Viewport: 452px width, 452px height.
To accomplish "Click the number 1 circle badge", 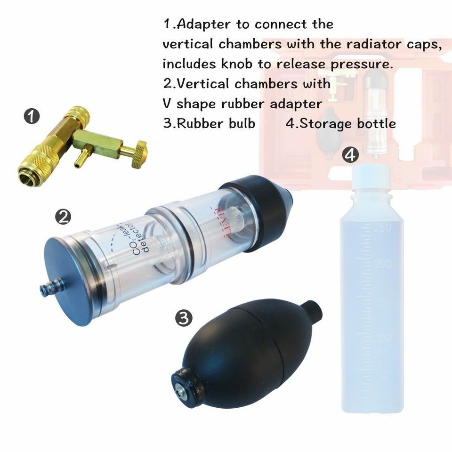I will [32, 116].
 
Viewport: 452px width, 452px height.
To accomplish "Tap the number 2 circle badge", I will [63, 217].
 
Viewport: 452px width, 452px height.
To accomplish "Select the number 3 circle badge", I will [183, 318].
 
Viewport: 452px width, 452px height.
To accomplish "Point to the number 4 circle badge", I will [350, 155].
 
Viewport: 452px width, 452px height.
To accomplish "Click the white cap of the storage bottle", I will [372, 175].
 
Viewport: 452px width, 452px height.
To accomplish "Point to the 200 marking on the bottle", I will [382, 264].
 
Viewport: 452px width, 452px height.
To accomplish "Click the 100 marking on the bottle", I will [384, 338].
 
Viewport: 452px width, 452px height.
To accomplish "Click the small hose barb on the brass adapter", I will [81, 160].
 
